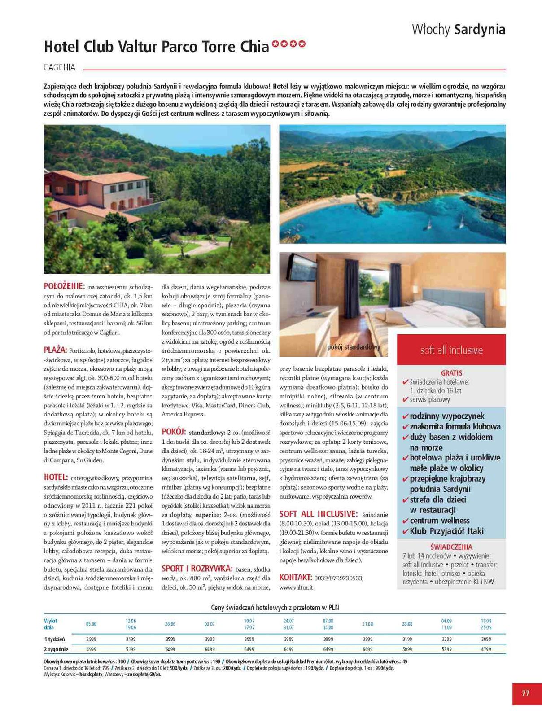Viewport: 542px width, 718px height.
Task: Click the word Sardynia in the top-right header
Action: [x=480, y=30]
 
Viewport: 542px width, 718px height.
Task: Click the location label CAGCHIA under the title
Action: [x=60, y=68]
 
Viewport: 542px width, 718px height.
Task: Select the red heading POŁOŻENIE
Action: [x=64, y=286]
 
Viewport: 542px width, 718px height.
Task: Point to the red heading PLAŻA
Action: [x=55, y=350]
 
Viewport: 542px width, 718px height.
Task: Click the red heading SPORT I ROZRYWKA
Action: [x=197, y=568]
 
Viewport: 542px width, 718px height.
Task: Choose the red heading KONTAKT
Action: [x=295, y=577]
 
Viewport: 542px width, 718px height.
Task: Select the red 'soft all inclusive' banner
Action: [x=451, y=350]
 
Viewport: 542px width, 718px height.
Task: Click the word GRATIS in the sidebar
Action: [x=451, y=373]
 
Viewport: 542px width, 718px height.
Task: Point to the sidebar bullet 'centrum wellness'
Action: [x=439, y=521]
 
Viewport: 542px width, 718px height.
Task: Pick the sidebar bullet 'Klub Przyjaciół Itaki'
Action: [x=446, y=531]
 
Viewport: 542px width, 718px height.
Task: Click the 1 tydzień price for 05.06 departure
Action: [x=91, y=639]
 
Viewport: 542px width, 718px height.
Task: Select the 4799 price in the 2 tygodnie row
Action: [x=485, y=649]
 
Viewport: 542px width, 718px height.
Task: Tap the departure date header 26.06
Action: [x=170, y=624]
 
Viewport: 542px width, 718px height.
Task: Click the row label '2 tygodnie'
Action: [x=56, y=649]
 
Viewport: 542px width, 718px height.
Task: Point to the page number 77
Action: [x=525, y=693]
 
